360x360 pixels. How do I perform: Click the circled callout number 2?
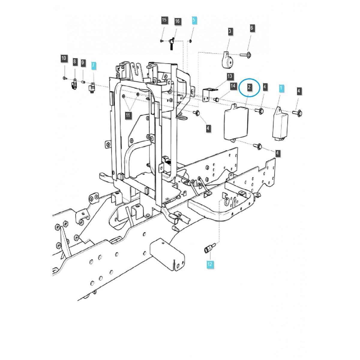coord(249,88)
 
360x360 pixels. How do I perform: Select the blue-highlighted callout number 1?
coord(281,88)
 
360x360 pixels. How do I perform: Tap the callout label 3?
coord(230,31)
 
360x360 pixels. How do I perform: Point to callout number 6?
coord(252,28)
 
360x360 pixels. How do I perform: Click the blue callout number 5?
coord(193,20)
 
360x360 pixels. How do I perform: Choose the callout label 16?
coord(177,21)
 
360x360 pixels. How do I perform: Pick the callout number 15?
coord(164,20)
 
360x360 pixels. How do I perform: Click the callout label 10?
coord(64,58)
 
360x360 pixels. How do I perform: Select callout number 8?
coord(75,61)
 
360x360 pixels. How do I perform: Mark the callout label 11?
coord(128,115)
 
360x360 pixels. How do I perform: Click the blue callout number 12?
coord(209,264)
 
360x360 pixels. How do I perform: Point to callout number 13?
coord(230,76)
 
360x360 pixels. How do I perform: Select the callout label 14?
coord(233,86)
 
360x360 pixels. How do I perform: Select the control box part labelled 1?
coord(280,124)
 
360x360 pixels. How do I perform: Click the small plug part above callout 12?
coord(208,248)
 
